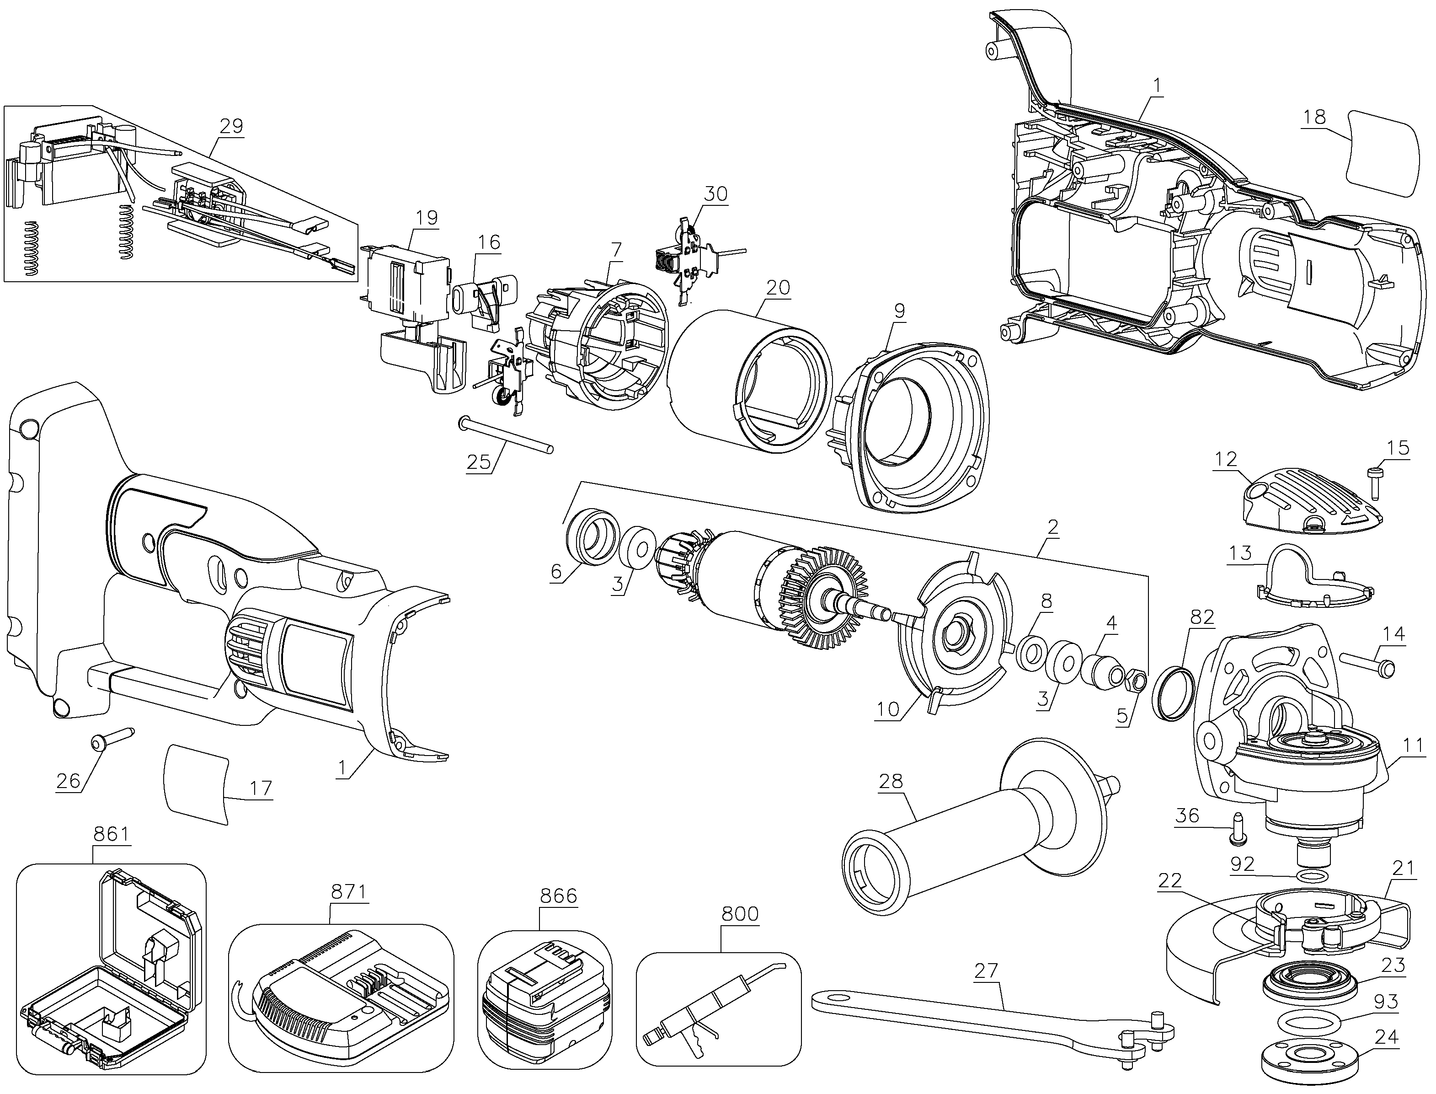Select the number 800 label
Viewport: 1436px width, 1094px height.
[740, 914]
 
